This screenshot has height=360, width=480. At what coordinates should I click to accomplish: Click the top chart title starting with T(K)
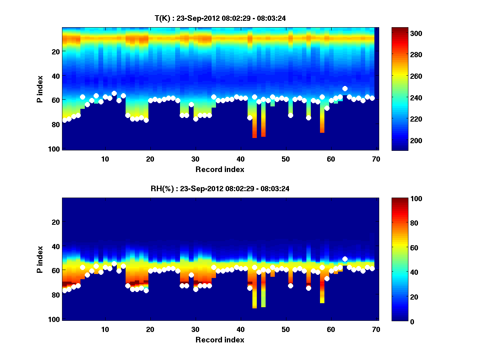click(220, 18)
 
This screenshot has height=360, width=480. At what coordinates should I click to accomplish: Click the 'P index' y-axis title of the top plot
click(40, 89)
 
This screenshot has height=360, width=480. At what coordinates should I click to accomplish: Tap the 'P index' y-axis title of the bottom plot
click(40, 260)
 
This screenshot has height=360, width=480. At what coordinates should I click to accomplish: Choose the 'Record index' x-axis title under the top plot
click(220, 169)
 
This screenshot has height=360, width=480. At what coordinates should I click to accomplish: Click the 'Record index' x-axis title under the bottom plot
click(220, 340)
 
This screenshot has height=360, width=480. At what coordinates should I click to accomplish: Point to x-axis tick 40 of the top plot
click(240, 158)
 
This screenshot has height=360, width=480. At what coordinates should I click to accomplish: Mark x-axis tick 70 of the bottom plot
click(376, 329)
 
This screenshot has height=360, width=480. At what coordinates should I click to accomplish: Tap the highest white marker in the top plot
click(345, 88)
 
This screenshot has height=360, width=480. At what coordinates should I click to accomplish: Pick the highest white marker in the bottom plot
click(345, 259)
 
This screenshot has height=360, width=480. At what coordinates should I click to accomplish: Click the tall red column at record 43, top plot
click(254, 128)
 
